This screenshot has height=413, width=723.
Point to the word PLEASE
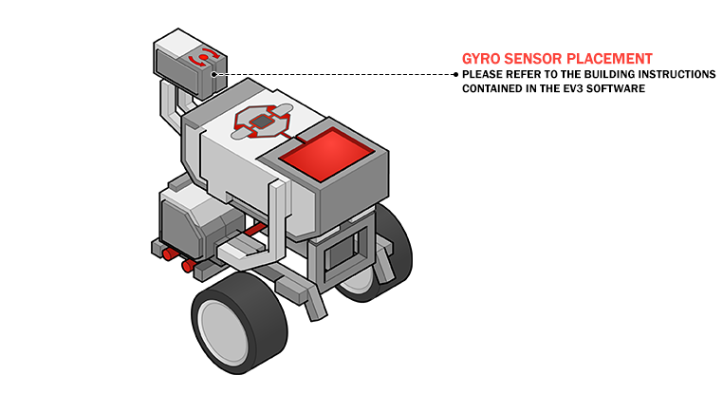tap(483, 74)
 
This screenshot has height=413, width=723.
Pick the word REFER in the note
tap(526, 74)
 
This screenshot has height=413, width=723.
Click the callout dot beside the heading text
tap(455, 73)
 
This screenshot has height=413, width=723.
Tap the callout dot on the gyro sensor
tap(214, 73)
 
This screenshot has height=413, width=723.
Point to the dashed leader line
tap(332, 73)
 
